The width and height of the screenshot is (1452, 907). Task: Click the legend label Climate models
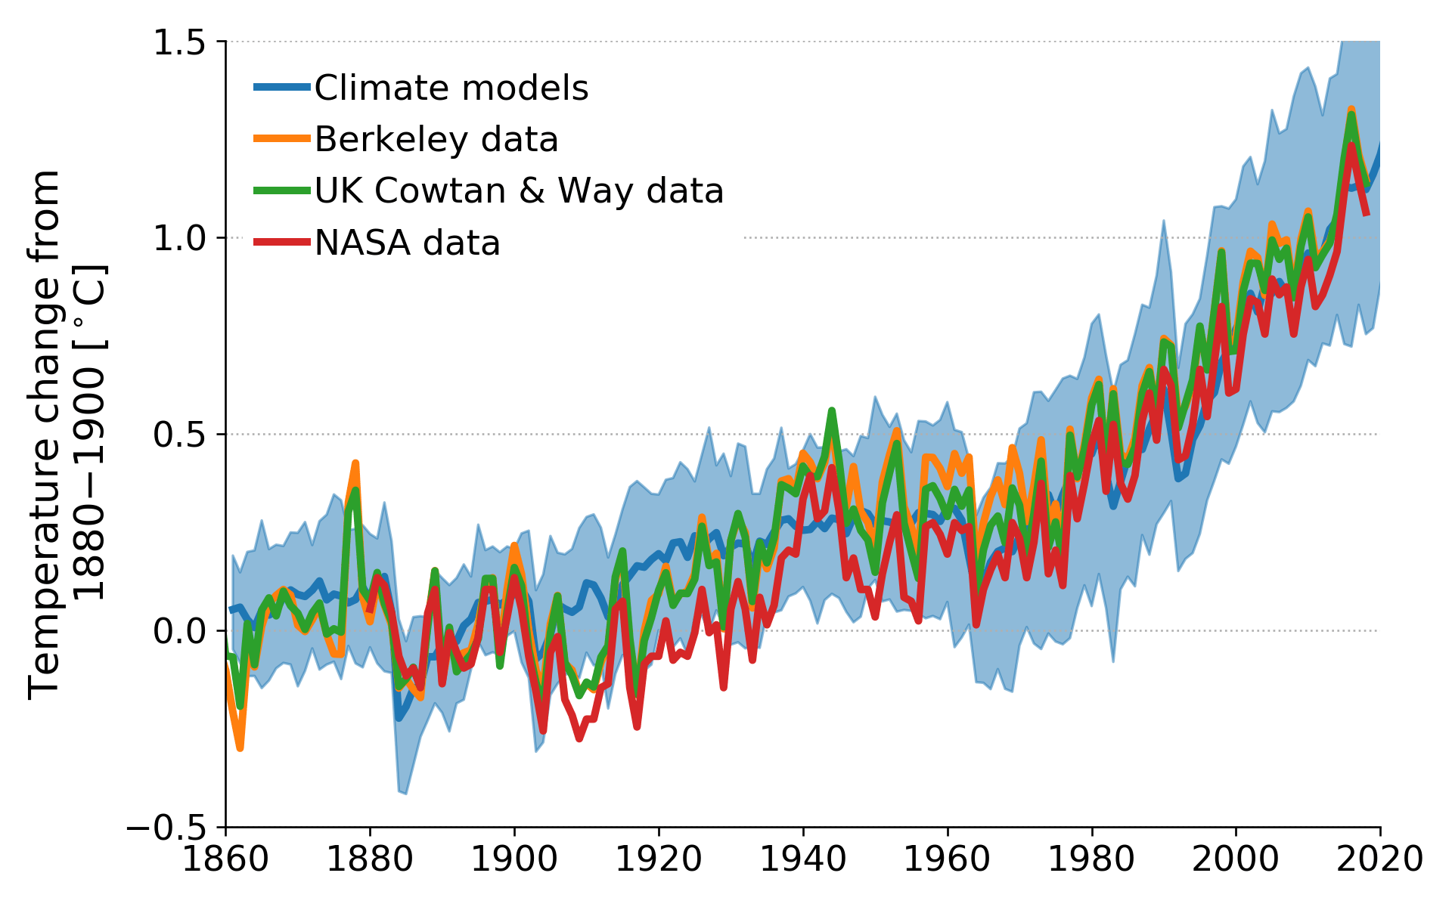(451, 88)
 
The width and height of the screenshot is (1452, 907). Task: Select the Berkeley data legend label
(436, 140)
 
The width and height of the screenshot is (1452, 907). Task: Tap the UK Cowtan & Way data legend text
(519, 191)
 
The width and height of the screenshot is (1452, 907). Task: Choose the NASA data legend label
(407, 243)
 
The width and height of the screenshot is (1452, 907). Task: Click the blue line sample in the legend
(282, 88)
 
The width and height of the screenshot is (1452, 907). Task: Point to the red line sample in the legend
(282, 243)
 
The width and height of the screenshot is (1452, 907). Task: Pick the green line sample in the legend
(282, 191)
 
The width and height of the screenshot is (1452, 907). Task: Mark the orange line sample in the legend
(282, 139)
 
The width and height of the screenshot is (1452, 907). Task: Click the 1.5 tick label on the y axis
(179, 42)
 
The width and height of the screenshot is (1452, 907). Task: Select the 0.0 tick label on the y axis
(179, 631)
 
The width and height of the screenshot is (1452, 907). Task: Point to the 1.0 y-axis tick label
(179, 239)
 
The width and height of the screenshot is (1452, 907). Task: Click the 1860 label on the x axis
(225, 860)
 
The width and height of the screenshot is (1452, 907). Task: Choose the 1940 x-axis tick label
(803, 860)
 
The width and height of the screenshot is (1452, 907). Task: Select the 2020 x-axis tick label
(1379, 860)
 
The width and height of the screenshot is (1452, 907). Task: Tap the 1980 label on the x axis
(1091, 860)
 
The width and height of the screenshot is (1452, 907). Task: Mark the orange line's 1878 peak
(355, 463)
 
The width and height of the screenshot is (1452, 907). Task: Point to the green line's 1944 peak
(832, 410)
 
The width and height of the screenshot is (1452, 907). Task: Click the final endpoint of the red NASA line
(1367, 215)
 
